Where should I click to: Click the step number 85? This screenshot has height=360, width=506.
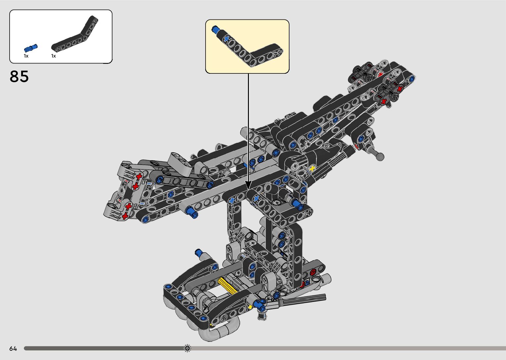pyautogui.click(x=19, y=76)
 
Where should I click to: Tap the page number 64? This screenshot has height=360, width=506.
pyautogui.click(x=13, y=349)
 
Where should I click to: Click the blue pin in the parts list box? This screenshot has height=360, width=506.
pyautogui.click(x=31, y=48)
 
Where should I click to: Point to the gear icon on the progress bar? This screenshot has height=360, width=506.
pyautogui.click(x=187, y=348)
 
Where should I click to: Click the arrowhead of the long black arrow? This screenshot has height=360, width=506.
pyautogui.click(x=248, y=185)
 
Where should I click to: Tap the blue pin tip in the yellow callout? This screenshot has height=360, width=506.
pyautogui.click(x=215, y=29)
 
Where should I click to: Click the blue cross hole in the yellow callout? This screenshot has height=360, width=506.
pyautogui.click(x=226, y=39)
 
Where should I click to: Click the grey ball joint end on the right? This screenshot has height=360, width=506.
pyautogui.click(x=380, y=157)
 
